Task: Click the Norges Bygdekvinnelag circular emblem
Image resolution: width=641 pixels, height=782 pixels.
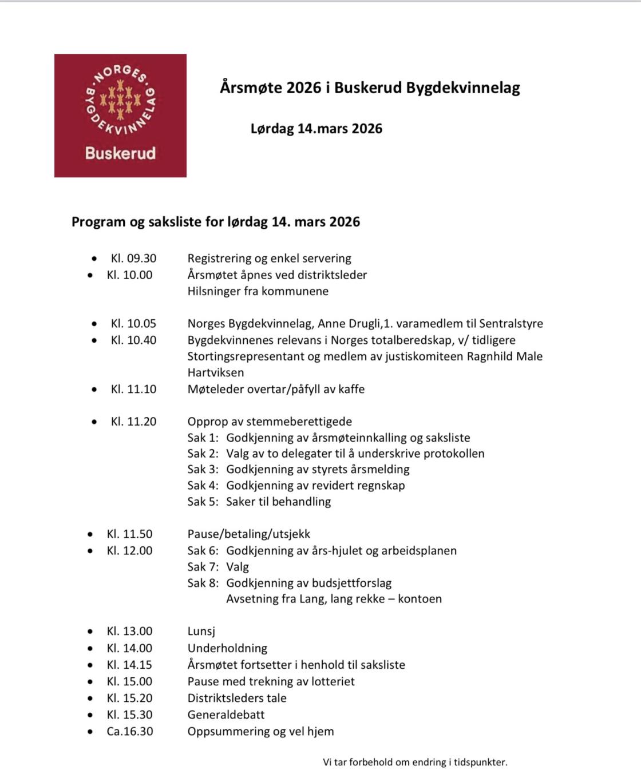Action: pos(120,102)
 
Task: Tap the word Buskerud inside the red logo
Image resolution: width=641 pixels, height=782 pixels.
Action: pos(120,153)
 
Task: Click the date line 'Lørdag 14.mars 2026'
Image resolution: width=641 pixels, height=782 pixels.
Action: pos(316,128)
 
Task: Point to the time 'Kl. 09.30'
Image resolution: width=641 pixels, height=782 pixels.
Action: pos(133,258)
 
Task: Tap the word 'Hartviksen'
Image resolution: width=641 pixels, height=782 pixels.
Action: pos(216,372)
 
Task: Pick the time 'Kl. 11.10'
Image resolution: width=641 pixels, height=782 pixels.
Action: pos(133,389)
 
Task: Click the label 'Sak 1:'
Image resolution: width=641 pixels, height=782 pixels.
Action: pos(203,438)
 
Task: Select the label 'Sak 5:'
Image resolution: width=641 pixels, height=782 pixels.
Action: pos(203,502)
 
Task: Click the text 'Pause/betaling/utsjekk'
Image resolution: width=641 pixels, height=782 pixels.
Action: pos(248,534)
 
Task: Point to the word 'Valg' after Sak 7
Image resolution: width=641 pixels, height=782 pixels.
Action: pos(238,567)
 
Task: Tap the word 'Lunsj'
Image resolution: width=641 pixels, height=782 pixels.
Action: pos(201,632)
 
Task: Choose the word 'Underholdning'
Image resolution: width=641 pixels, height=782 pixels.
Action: pos(227,648)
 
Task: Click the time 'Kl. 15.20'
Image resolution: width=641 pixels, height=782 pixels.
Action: pos(129,698)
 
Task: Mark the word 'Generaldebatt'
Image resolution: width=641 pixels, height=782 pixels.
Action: pos(226,714)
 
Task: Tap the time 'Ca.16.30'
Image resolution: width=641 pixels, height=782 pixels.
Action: pos(130,731)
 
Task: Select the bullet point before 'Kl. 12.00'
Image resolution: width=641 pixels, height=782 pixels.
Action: pos(90,551)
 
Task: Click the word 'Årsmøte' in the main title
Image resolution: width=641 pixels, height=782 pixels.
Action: pos(251,88)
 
